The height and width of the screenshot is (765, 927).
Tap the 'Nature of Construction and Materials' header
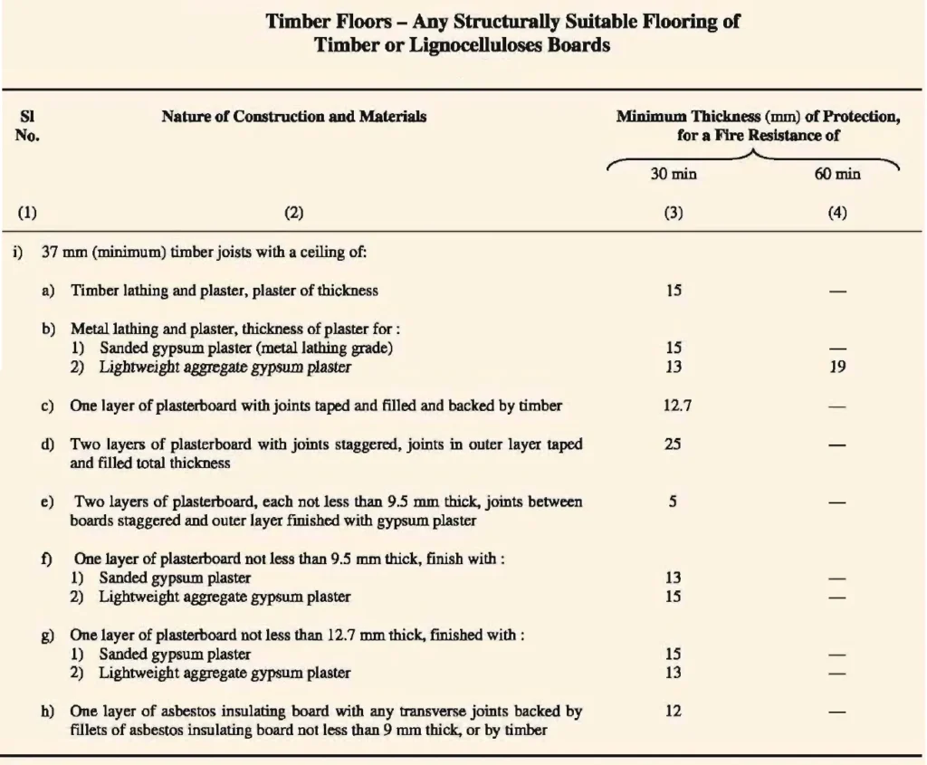[x=294, y=117]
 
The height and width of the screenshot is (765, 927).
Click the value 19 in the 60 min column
[x=837, y=368]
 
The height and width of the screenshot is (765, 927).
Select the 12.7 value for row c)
[x=674, y=406]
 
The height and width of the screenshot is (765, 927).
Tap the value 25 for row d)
[x=674, y=445]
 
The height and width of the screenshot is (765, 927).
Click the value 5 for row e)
[x=674, y=502]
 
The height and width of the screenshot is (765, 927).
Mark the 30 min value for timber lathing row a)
[x=674, y=291]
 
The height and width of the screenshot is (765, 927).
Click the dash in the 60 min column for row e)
[x=837, y=502]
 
